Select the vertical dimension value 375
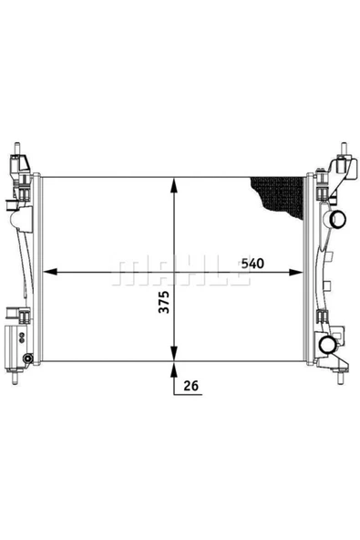(x=165, y=306)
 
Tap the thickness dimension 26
(x=190, y=387)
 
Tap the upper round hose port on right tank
(x=337, y=219)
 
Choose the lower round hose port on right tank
(x=329, y=344)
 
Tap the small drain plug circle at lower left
(x=28, y=357)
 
